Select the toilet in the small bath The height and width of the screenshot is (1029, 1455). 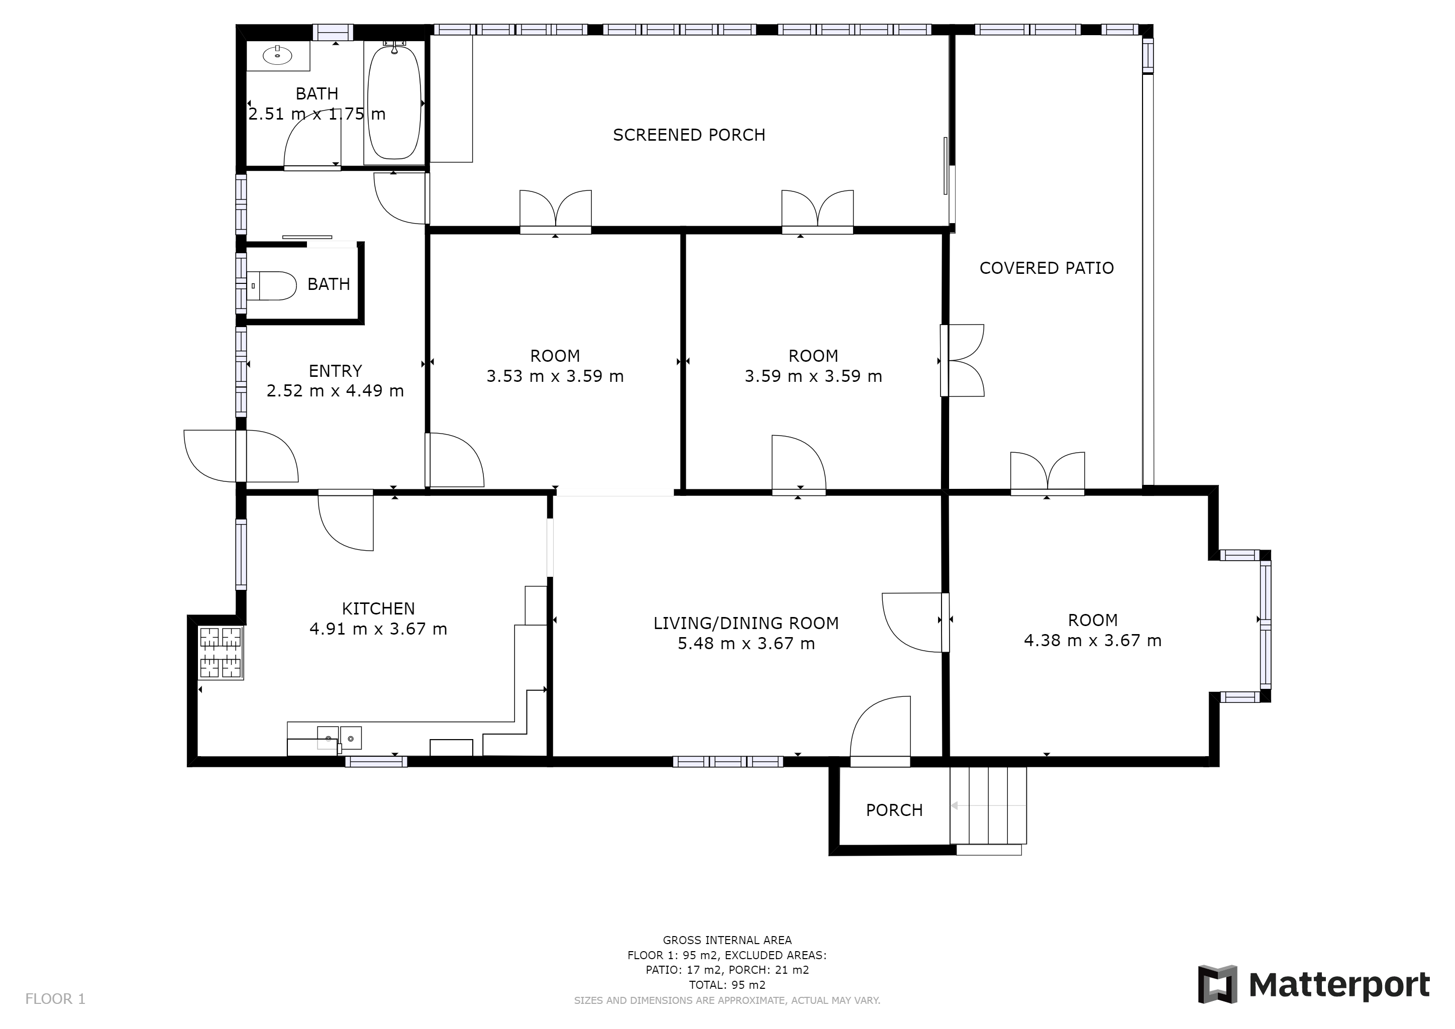tap(271, 286)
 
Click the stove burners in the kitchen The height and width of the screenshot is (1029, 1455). tap(221, 653)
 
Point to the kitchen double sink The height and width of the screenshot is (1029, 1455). tap(339, 738)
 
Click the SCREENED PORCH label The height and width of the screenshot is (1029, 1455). tap(689, 135)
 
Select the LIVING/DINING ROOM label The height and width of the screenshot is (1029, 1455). tap(746, 624)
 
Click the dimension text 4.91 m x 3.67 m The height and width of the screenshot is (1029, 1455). tap(378, 629)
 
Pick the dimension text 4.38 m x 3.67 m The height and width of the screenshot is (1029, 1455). tap(1093, 641)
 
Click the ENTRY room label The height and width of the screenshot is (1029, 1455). tap(335, 371)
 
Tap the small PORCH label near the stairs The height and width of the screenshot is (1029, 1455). tap(894, 810)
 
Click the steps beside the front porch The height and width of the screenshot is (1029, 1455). tap(987, 806)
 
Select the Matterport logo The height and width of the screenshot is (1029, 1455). tap(1314, 985)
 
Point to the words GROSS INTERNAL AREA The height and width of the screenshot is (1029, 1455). tap(727, 940)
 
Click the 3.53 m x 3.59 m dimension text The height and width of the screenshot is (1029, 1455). tap(555, 376)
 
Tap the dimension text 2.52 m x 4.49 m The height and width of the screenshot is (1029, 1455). tap(335, 391)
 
